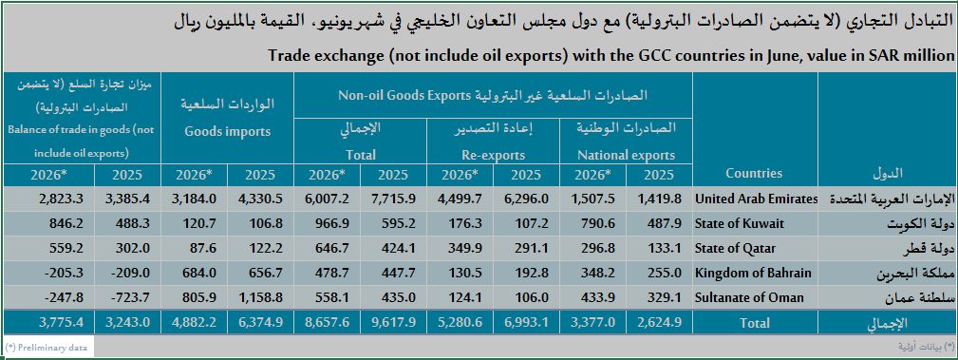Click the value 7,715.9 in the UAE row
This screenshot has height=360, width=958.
(x=393, y=199)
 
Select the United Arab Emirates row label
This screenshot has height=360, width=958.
(x=756, y=199)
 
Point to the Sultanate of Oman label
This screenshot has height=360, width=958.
(x=749, y=297)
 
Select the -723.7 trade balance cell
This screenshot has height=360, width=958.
(x=127, y=297)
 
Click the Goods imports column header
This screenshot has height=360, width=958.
(x=227, y=131)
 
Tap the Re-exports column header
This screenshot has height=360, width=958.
(x=493, y=155)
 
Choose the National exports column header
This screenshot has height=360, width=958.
(x=626, y=155)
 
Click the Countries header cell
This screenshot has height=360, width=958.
(x=753, y=173)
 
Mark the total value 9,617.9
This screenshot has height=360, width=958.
(x=393, y=323)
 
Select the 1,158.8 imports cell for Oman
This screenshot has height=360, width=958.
(x=259, y=297)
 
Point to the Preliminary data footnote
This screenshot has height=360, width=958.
(x=47, y=347)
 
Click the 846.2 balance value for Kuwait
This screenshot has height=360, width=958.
(x=61, y=224)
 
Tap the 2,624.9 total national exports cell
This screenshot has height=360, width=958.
(x=659, y=323)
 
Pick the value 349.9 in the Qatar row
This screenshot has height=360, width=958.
(x=460, y=248)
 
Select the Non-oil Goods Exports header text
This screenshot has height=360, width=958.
(x=404, y=95)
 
